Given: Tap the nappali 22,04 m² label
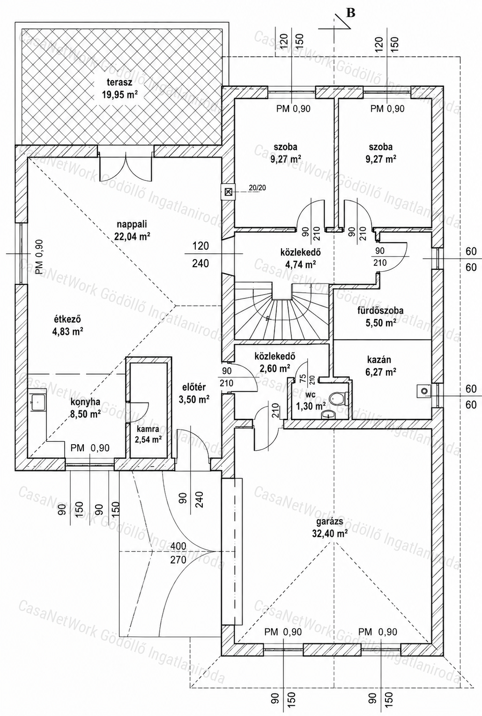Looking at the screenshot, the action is point(132,230).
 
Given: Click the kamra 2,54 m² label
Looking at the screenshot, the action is point(148,434).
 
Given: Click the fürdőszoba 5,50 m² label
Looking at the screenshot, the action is point(380,316).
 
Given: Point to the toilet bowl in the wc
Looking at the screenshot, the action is point(338,398).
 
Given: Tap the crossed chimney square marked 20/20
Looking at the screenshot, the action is point(228,192).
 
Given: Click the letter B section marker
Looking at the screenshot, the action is point(351,13).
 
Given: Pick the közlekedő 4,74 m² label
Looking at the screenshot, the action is point(300,258).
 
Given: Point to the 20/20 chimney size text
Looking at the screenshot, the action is point(257,187).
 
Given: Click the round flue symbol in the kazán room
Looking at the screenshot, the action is point(425,391).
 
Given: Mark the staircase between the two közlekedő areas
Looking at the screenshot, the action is point(282,311).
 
